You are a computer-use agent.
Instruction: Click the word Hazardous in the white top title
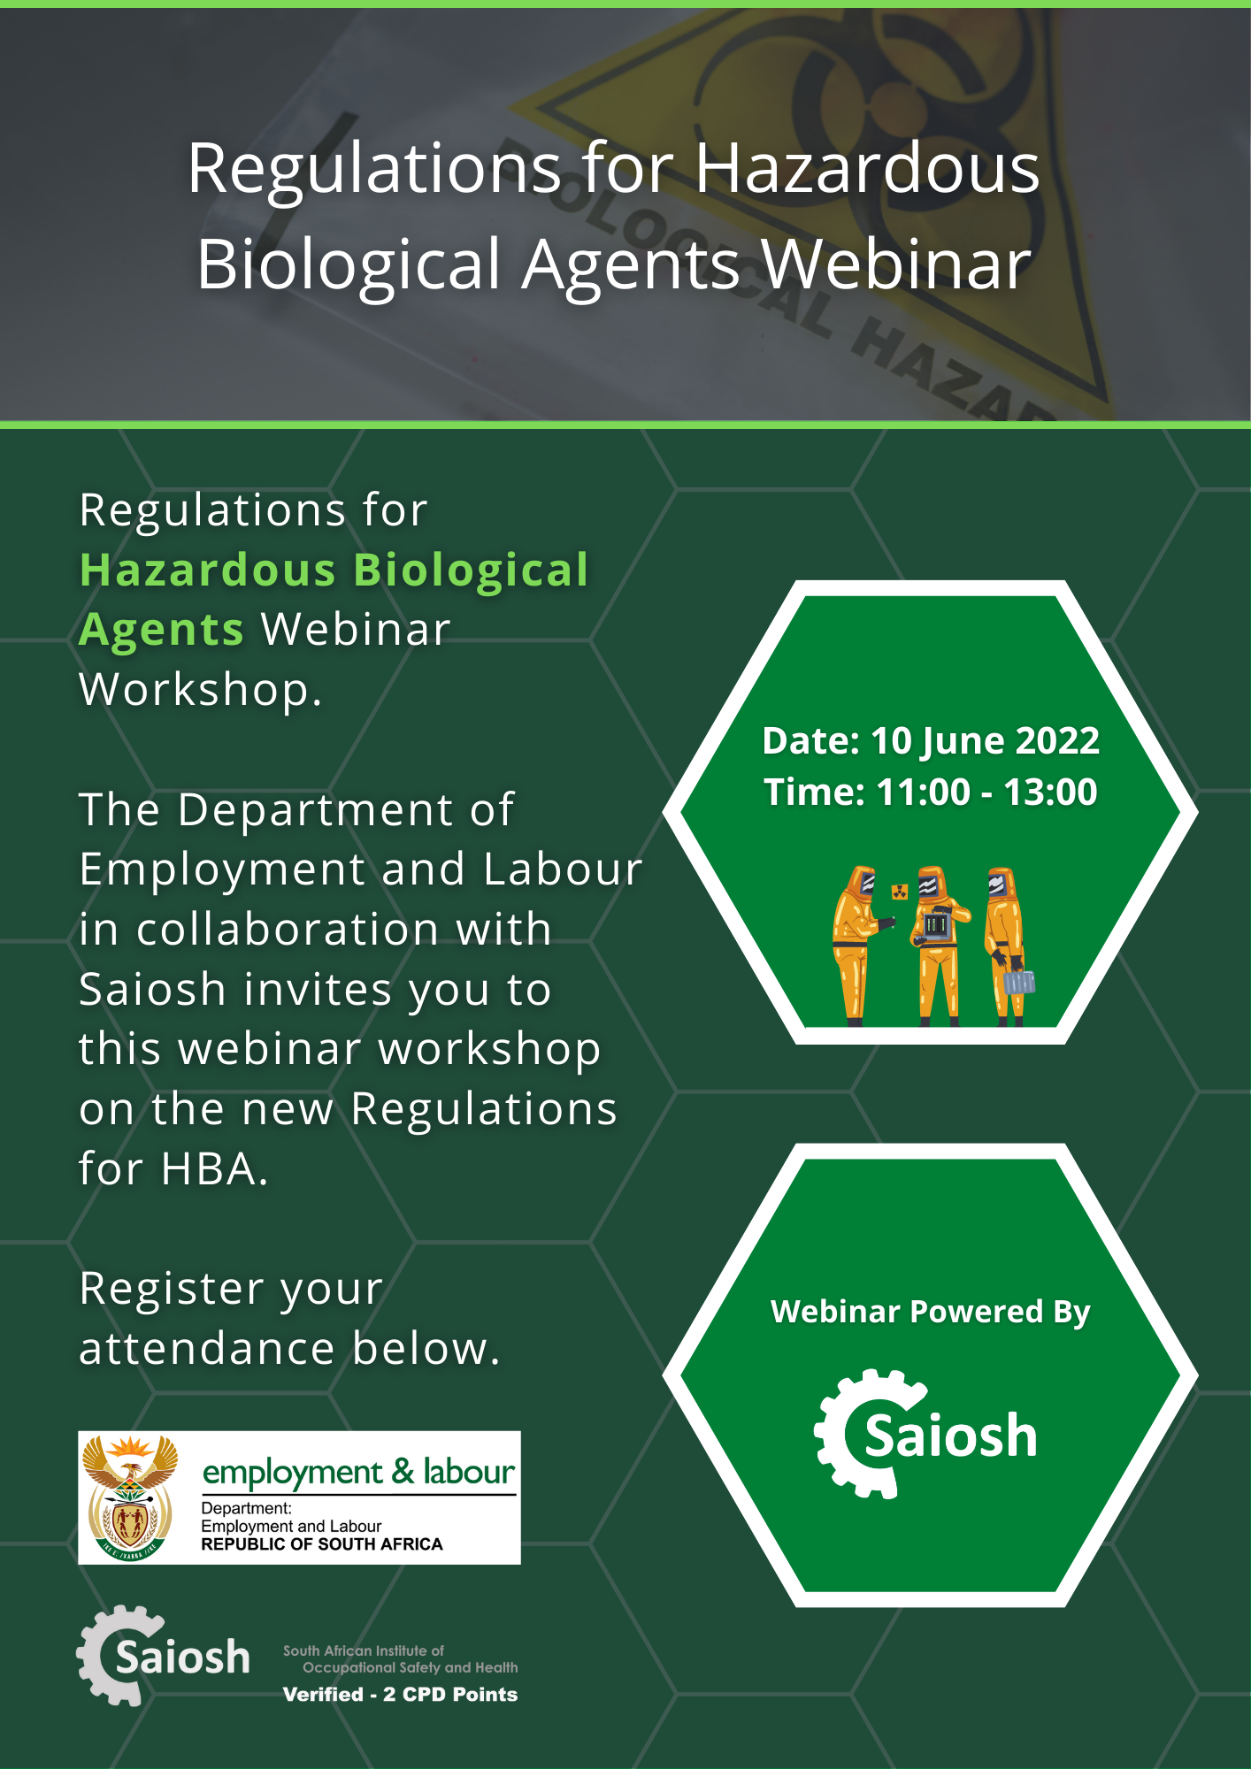tap(867, 168)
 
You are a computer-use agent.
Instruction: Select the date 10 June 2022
tap(985, 741)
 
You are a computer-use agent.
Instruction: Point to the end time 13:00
tap(1050, 792)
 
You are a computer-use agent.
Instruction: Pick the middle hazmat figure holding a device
tap(938, 945)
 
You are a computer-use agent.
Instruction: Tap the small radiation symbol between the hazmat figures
tap(900, 891)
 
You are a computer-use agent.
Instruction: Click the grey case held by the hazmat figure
tap(1019, 982)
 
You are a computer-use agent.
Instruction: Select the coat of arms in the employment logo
tap(131, 1497)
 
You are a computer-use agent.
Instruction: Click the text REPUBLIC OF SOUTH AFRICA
tap(322, 1544)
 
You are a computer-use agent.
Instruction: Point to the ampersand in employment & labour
tap(403, 1471)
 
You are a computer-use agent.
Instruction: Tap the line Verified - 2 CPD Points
tap(400, 1694)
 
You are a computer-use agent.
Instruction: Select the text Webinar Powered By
tap(931, 1312)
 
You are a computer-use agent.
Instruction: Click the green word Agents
tap(161, 630)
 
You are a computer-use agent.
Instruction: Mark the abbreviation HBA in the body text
tap(214, 1168)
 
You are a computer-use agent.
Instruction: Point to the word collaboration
tap(288, 929)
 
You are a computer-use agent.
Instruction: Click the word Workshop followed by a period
tap(201, 690)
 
